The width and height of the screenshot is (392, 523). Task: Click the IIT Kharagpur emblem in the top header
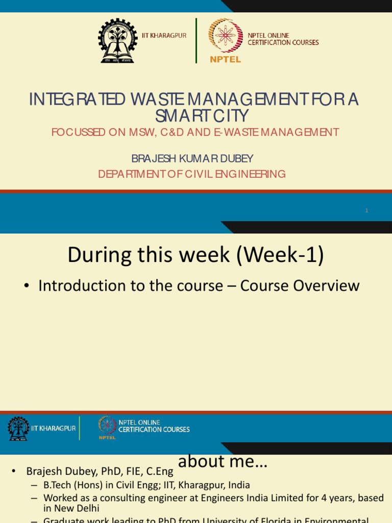117,41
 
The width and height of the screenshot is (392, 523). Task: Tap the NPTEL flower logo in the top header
225,36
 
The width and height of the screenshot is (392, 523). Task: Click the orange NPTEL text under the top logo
225,59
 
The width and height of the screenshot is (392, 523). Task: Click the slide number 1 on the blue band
366,210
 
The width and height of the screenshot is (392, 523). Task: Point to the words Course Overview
300,286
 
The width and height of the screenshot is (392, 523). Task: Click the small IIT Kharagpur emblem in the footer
18,429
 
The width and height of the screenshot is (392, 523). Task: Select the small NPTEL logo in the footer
107,427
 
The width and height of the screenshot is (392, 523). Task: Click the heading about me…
223,461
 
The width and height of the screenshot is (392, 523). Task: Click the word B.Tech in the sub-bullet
58,485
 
